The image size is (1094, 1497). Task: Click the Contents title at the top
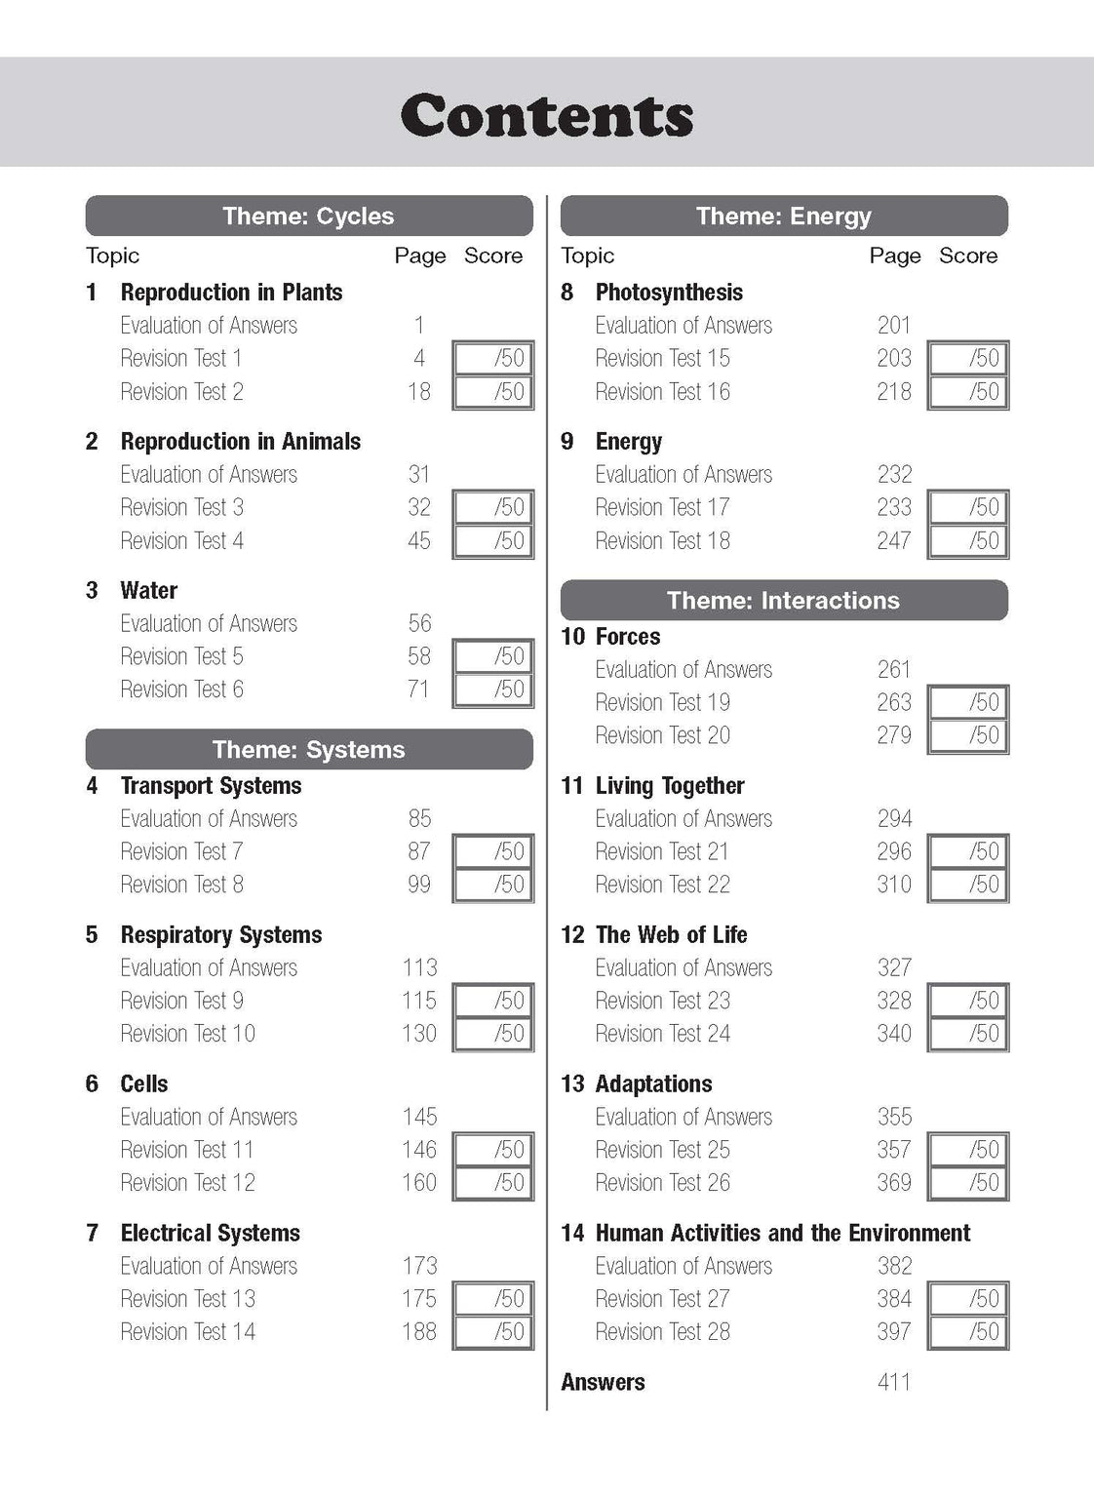pos(547,116)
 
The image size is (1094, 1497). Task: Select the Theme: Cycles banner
pos(309,216)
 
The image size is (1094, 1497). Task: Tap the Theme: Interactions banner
pos(784,600)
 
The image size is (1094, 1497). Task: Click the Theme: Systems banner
pos(309,749)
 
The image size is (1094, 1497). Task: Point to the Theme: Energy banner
pos(784,216)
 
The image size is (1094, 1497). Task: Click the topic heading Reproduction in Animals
pos(240,441)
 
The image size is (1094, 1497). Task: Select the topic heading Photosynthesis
pos(669,292)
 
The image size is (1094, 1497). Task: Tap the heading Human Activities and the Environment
pos(782,1233)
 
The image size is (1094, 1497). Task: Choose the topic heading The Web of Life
pos(671,934)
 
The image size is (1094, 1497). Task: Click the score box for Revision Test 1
pos(493,358)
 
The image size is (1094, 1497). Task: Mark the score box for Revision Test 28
pos(968,1331)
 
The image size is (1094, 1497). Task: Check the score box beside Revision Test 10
pos(493,1033)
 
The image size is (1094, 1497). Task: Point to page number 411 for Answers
pos(893,1382)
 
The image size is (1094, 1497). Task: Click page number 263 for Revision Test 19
pos(893,702)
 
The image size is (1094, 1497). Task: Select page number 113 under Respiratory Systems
pos(419,967)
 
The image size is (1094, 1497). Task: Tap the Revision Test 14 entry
pos(187,1331)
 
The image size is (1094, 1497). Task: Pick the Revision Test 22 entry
pos(662,885)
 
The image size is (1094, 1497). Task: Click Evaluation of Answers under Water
pos(209,623)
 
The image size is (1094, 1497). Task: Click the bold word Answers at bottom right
pos(603,1382)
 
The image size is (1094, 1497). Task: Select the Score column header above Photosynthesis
pos(968,256)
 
